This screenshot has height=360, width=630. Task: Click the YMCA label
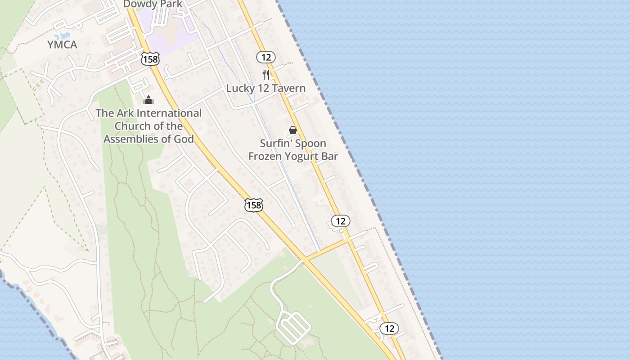tap(62, 45)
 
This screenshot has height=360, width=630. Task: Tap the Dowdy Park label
tap(153, 4)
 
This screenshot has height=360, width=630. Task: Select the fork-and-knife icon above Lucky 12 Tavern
tap(266, 74)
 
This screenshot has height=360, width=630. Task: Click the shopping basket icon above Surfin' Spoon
tap(293, 130)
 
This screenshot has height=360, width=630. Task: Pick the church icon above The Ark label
tap(148, 100)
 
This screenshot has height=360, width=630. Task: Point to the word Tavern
tap(288, 88)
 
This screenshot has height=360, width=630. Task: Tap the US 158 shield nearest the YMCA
tap(150, 58)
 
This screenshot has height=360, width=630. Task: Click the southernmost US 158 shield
tap(253, 205)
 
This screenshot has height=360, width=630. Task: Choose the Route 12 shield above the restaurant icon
tap(266, 57)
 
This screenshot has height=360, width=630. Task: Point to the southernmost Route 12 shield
tap(389, 328)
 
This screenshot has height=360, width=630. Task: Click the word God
tap(184, 139)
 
